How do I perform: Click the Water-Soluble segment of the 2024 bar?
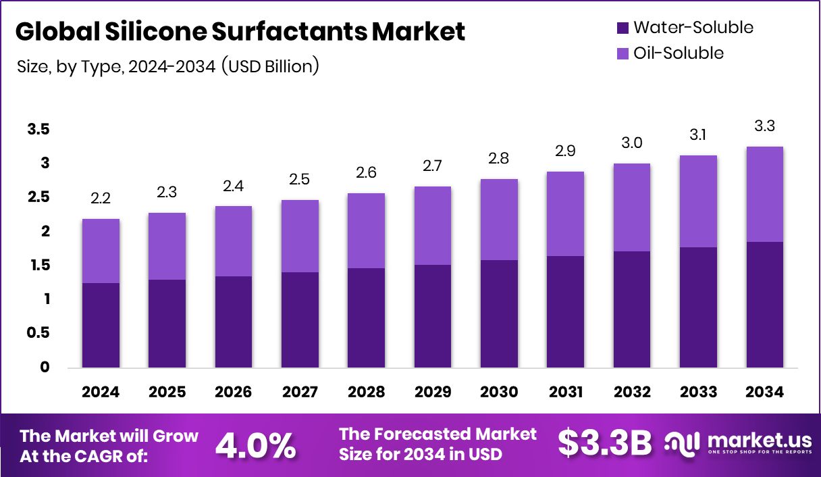[101, 325]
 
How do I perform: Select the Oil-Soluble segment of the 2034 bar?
[765, 194]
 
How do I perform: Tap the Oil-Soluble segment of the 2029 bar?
[433, 225]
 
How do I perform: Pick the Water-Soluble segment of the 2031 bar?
[566, 311]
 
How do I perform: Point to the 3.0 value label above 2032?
[632, 143]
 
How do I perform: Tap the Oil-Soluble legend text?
[678, 53]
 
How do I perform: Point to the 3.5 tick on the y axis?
[38, 129]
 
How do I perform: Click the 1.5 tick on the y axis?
[38, 266]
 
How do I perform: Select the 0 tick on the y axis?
[45, 368]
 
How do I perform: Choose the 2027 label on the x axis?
[300, 393]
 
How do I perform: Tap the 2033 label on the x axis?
[699, 393]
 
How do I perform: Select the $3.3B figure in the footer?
[605, 443]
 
